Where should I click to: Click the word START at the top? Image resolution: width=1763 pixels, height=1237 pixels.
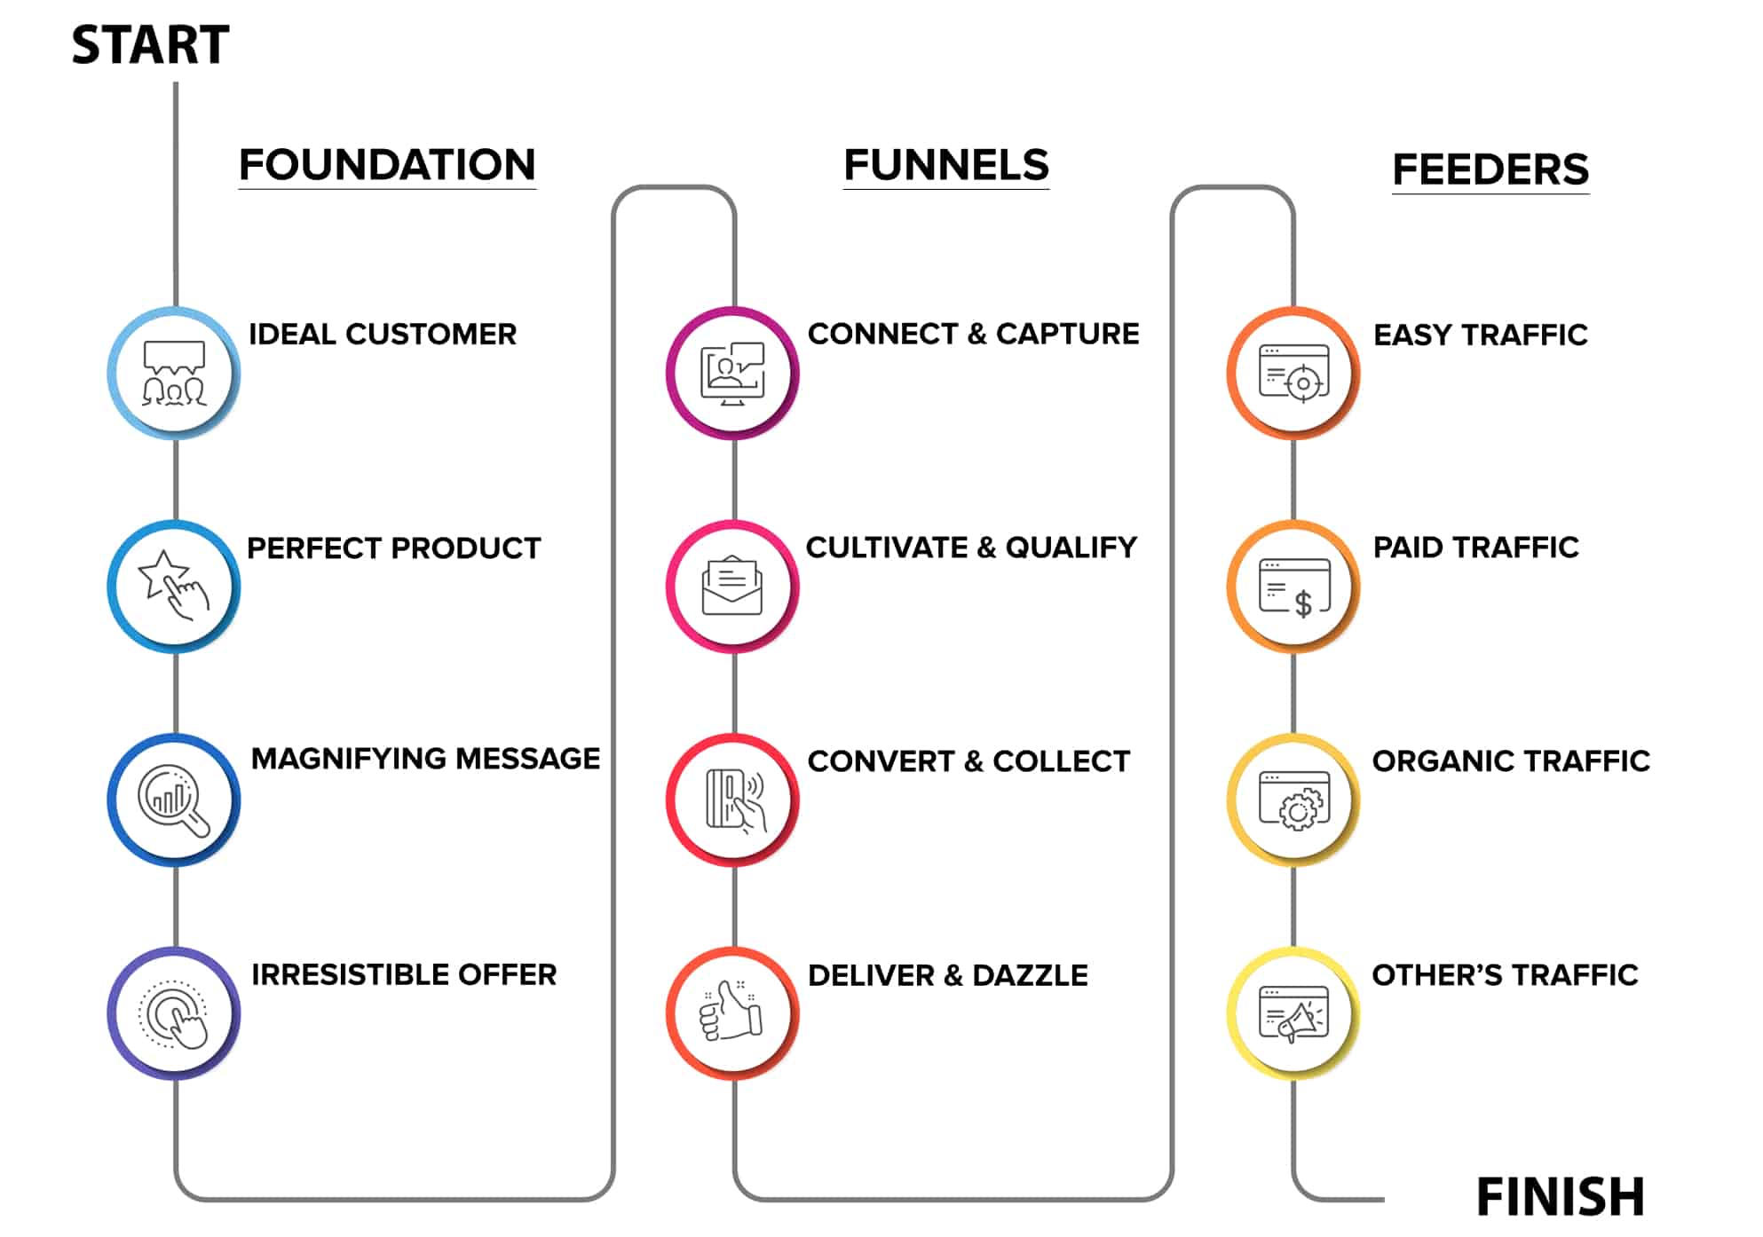150,45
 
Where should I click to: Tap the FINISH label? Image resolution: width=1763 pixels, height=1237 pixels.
1560,1197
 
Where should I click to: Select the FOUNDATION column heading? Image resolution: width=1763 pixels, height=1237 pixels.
387,165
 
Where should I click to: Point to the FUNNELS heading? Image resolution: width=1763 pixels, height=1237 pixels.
945,165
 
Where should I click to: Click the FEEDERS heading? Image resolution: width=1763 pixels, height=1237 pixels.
1490,169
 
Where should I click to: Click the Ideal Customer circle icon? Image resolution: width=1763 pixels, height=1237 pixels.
174,374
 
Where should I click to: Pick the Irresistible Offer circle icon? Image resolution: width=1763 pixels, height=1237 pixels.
174,1013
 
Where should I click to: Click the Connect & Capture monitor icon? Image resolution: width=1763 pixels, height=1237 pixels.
732,374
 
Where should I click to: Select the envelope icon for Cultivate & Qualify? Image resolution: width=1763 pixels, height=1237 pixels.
732,587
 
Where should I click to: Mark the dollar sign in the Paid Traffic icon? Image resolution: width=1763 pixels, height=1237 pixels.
1303,604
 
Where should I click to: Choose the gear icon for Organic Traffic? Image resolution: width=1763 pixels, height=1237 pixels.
1298,809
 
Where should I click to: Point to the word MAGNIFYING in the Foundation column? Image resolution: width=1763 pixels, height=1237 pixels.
348,759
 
